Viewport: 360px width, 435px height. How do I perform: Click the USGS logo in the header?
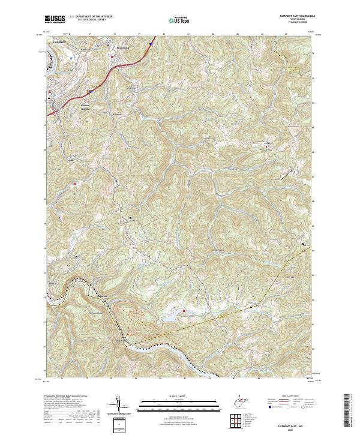tap(54, 20)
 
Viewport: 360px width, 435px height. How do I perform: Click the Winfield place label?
tap(132, 88)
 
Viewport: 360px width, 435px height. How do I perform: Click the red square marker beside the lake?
tap(184, 310)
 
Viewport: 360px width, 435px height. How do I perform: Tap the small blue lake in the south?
tap(173, 314)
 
